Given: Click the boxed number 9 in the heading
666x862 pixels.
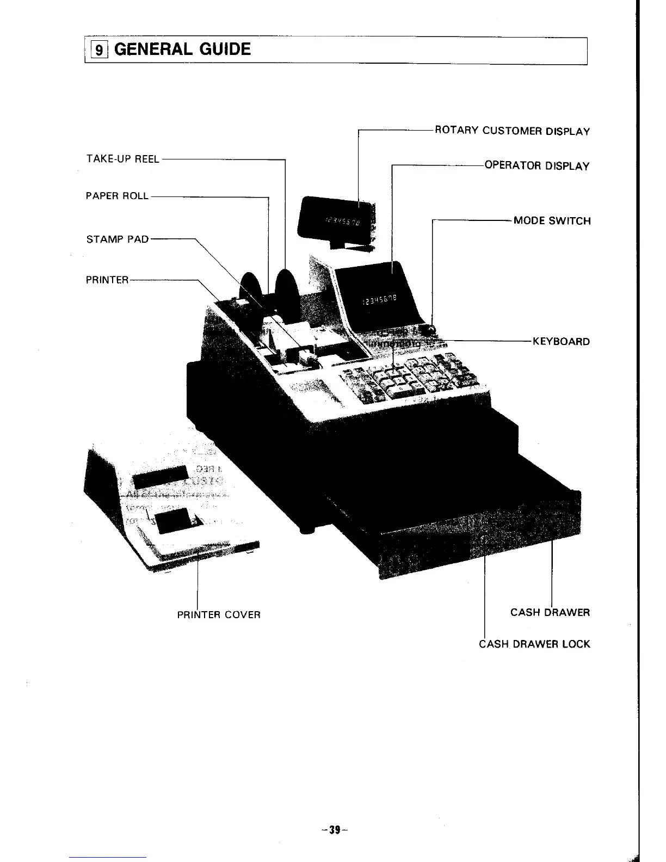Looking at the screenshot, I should pos(98,51).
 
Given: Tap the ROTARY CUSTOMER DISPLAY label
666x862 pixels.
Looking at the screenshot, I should pos(512,131).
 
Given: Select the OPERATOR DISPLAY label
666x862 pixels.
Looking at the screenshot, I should pos(536,166).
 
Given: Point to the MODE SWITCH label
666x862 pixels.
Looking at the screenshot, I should pos(552,221).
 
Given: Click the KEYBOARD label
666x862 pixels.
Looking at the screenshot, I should pos(561,342).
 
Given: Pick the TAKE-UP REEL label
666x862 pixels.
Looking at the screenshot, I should pos(122,159).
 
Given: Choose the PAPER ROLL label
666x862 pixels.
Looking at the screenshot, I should pos(117,196).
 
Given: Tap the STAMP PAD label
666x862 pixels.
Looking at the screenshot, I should pos(118,239).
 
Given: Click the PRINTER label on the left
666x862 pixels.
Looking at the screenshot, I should pos(107,280).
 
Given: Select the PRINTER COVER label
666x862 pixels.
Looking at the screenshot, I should pos(219,615).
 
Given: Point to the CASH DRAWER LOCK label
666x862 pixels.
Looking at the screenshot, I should pos(534,644).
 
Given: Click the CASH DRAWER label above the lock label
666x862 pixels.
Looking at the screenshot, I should pos(550,612).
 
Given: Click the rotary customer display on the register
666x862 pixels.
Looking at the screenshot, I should pos(337,218).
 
